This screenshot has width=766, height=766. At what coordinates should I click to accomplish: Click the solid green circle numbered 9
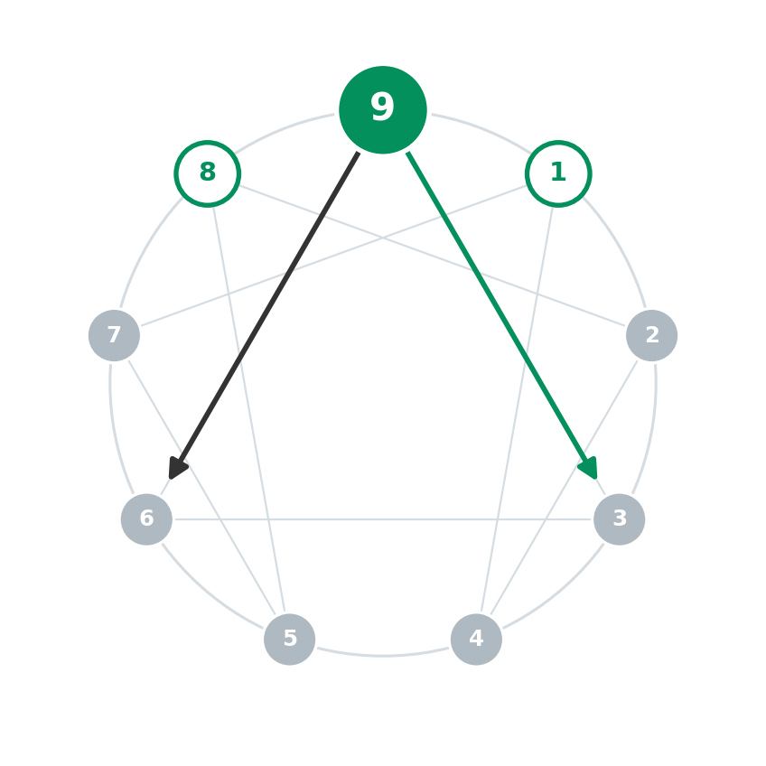[383, 110]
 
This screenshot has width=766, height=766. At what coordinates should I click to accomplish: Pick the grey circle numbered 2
[651, 336]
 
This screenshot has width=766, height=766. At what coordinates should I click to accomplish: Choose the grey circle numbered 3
[620, 519]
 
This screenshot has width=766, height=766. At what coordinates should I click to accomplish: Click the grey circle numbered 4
[476, 639]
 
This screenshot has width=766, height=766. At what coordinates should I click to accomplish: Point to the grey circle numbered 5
[290, 639]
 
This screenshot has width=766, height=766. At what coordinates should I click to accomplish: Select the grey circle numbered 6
[146, 519]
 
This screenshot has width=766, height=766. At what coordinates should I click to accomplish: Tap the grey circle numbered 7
[115, 336]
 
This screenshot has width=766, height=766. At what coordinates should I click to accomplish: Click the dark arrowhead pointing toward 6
[177, 468]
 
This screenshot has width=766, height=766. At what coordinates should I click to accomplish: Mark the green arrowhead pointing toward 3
[589, 468]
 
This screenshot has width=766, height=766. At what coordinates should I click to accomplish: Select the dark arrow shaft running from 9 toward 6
[268, 307]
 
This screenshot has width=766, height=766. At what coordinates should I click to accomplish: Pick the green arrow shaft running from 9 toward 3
[498, 307]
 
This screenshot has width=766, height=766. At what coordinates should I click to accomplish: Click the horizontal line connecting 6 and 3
[383, 519]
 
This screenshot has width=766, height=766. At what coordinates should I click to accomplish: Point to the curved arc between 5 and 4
[383, 655]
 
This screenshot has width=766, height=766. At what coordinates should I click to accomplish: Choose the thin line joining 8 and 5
[249, 409]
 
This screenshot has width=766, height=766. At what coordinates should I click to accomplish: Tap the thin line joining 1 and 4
[517, 409]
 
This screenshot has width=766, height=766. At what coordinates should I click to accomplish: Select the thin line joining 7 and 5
[201, 488]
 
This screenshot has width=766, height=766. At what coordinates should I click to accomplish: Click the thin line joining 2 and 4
[565, 488]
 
